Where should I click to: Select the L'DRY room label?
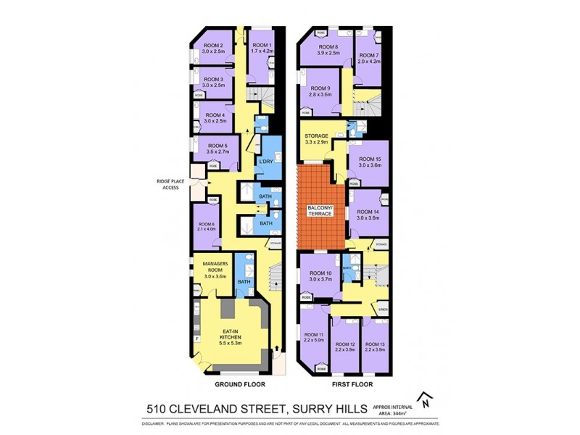click(265, 161)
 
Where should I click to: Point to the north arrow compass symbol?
click(427, 399)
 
